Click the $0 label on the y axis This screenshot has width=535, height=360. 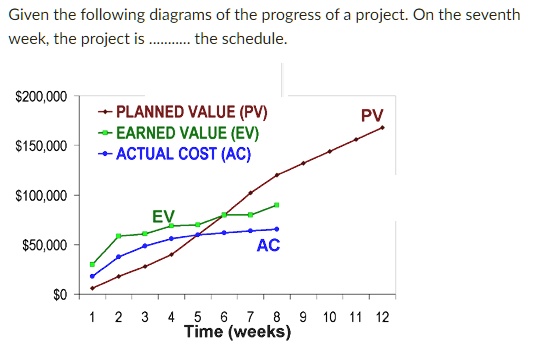tap(58, 295)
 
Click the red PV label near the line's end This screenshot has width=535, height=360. tap(371, 116)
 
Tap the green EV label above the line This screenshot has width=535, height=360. tap(162, 217)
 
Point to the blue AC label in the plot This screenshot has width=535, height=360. tap(268, 245)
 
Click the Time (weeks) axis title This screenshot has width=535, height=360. tap(237, 333)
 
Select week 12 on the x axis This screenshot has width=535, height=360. tap(382, 318)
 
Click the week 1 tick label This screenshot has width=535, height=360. tap(92, 318)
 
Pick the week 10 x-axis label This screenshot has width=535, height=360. tap(330, 318)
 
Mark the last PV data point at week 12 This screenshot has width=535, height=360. tap(382, 128)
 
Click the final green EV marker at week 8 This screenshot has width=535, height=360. tap(277, 205)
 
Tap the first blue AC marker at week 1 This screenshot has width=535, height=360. tap(92, 276)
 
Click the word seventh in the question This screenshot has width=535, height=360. tap(495, 16)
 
